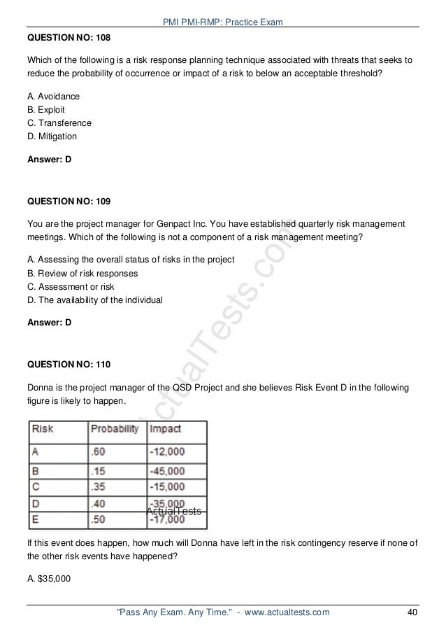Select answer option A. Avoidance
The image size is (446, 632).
(x=53, y=96)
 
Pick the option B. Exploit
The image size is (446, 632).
(x=47, y=109)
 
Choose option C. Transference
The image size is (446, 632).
(x=59, y=122)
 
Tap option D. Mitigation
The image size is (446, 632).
(x=52, y=136)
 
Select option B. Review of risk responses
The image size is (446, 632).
(x=82, y=273)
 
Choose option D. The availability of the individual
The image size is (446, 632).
(x=94, y=300)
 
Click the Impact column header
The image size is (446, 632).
(x=165, y=428)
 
